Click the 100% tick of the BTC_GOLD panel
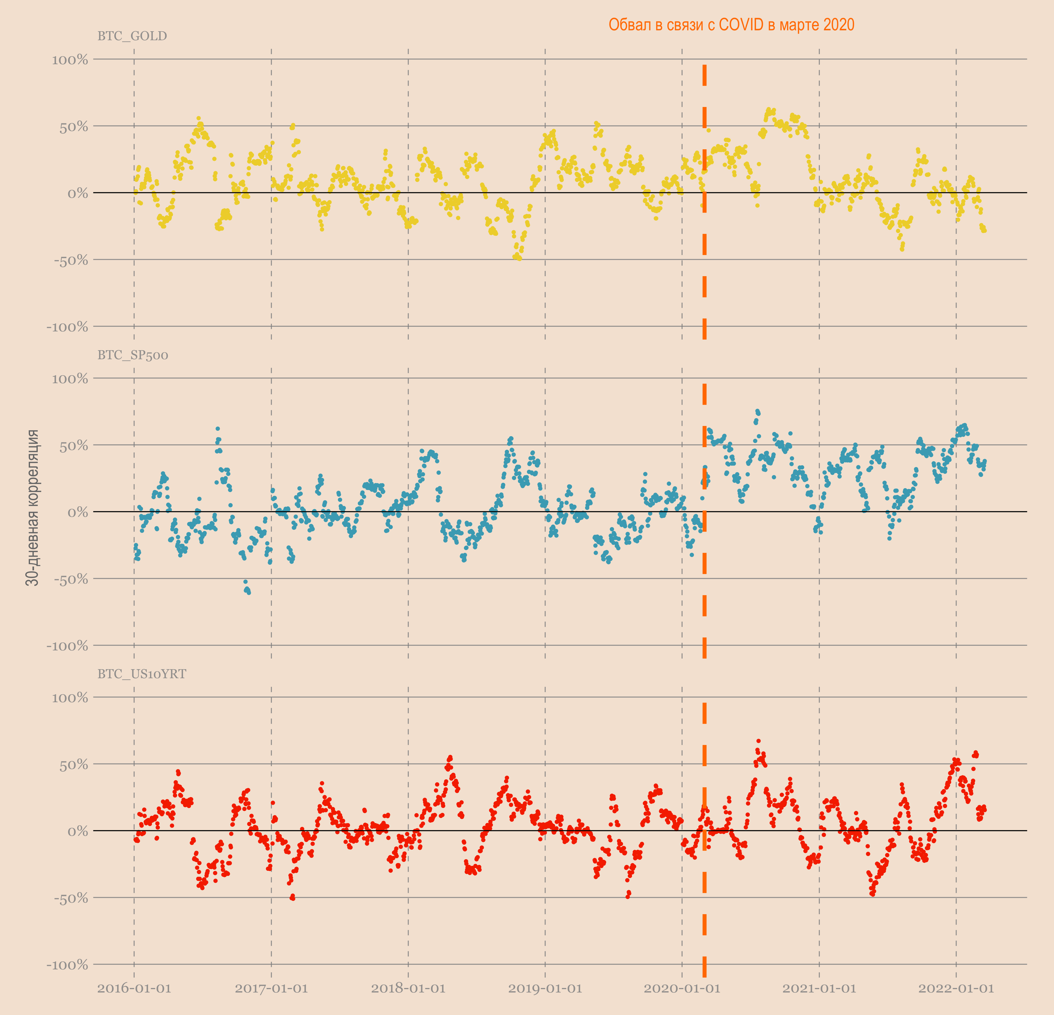point(70,60)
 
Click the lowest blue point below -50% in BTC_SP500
point(248,592)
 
